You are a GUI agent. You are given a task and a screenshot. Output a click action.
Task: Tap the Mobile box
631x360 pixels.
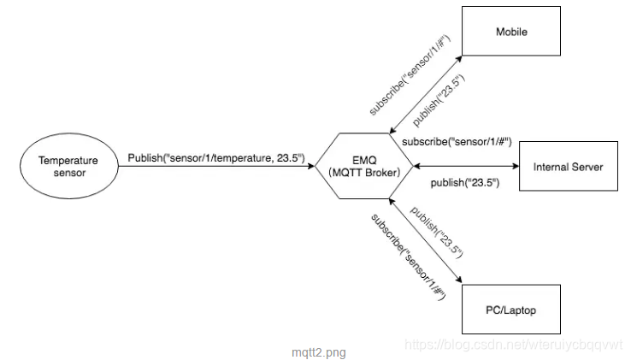(511, 32)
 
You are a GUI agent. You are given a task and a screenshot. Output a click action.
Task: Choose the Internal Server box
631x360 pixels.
(568, 166)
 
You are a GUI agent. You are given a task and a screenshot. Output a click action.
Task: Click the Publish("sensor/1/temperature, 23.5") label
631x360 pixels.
(215, 157)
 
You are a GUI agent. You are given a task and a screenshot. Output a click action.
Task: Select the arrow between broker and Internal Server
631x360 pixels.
(466, 166)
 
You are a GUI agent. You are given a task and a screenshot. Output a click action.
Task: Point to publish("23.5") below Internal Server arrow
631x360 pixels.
(464, 182)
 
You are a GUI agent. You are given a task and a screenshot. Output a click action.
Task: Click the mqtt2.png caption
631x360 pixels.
(318, 351)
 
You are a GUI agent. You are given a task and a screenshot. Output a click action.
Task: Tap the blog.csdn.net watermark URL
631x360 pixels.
(513, 344)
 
